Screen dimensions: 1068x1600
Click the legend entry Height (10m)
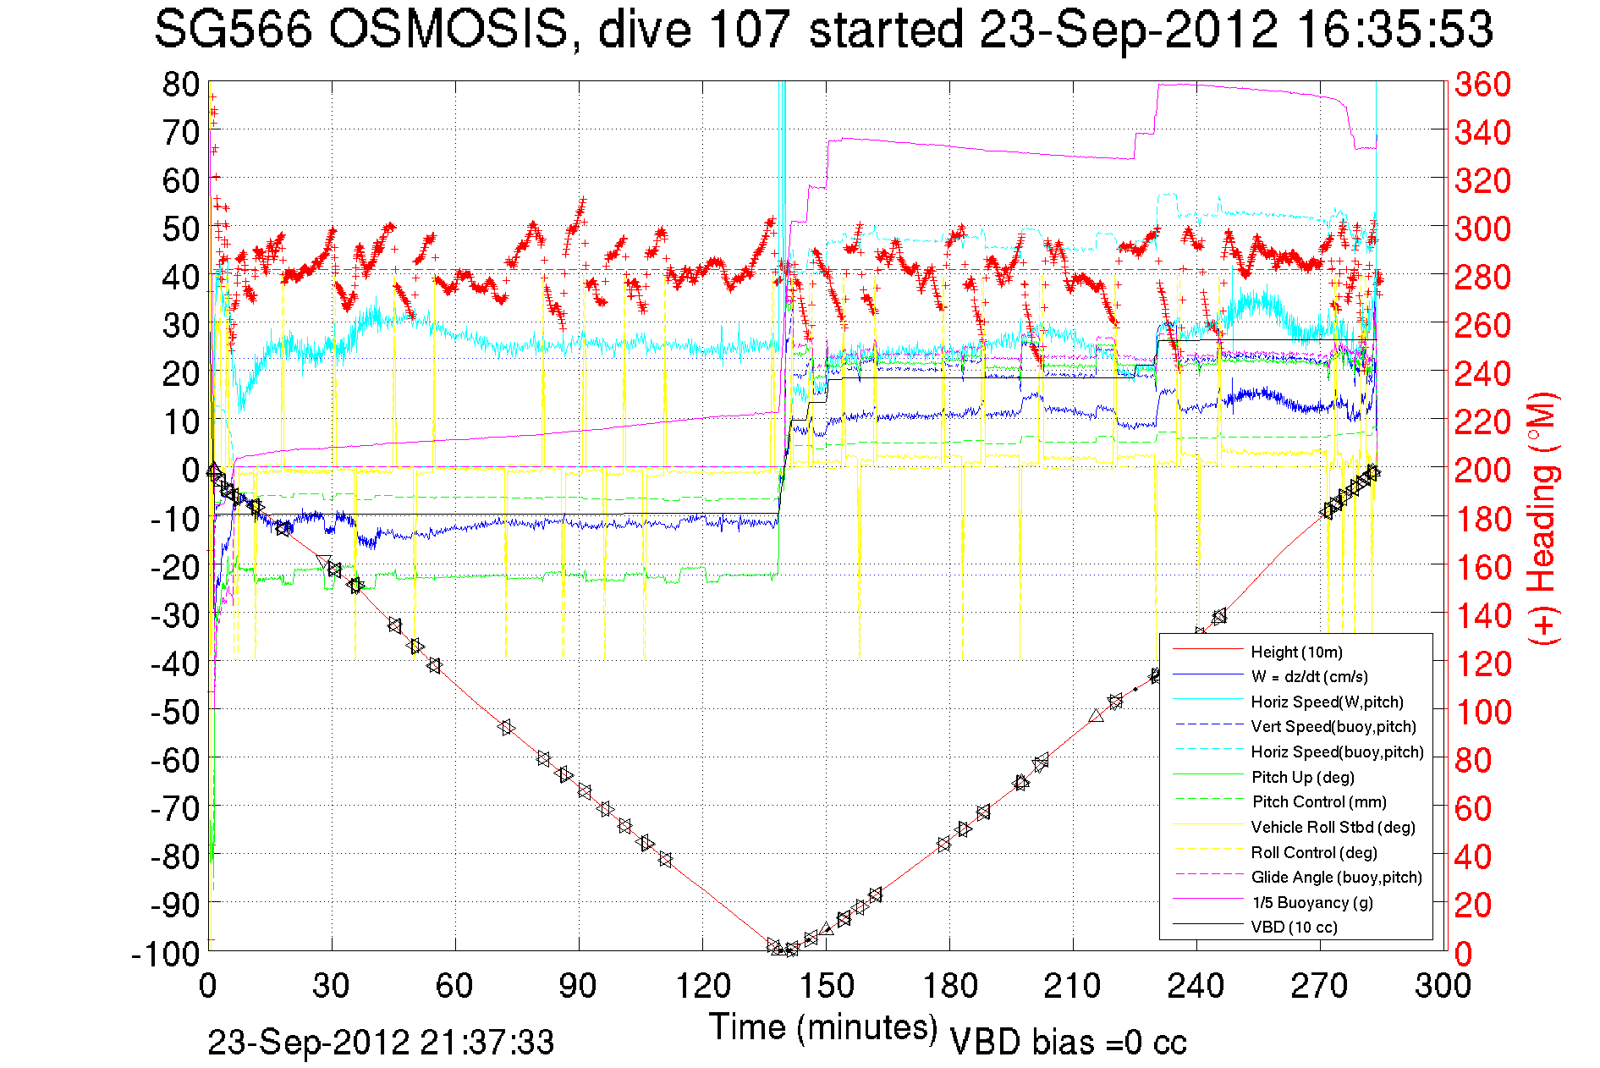coord(1296,652)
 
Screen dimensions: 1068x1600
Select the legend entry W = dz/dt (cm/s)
coord(1309,676)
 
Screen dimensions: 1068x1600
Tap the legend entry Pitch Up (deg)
coord(1302,777)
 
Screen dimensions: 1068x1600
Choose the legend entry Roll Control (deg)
coord(1313,852)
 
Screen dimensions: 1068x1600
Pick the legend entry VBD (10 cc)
coord(1294,927)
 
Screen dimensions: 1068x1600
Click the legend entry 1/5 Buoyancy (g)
coord(1312,902)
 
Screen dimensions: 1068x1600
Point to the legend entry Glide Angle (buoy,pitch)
coord(1336,877)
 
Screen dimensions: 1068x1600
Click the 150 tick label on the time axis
coord(826,986)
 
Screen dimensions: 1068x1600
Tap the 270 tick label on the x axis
coord(1320,986)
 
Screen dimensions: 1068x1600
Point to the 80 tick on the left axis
coord(181,85)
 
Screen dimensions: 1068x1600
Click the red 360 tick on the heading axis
coord(1482,85)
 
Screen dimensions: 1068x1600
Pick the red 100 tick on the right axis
coord(1482,712)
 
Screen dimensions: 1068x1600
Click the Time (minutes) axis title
coord(823,1027)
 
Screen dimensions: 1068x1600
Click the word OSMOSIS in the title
coord(448,30)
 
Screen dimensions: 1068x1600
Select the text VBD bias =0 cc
coord(1068,1043)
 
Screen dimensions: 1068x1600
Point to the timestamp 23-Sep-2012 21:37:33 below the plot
coord(381,1043)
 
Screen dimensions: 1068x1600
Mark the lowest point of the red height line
coord(787,951)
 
